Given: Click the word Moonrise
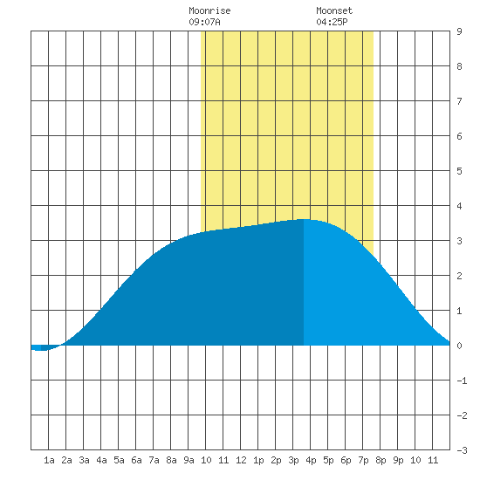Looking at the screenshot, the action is pyautogui.click(x=209, y=11).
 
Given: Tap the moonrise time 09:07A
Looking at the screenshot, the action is pyautogui.click(x=204, y=22).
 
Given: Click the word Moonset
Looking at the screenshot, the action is pyautogui.click(x=334, y=11).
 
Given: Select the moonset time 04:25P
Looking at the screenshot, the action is pyautogui.click(x=332, y=22).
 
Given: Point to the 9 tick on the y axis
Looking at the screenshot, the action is pyautogui.click(x=459, y=31).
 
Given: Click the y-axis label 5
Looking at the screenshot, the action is pyautogui.click(x=459, y=171).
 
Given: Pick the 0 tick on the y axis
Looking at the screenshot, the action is pyautogui.click(x=459, y=346).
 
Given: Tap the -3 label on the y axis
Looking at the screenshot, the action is pyautogui.click(x=462, y=450).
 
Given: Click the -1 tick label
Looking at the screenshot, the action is pyautogui.click(x=462, y=381).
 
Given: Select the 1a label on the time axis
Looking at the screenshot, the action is pyautogui.click(x=49, y=460).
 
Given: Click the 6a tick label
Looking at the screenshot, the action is pyautogui.click(x=136, y=460).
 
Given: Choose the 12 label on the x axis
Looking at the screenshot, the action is pyautogui.click(x=241, y=460).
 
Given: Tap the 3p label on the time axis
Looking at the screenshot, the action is pyautogui.click(x=293, y=460).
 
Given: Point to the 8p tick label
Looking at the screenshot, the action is pyautogui.click(x=381, y=460).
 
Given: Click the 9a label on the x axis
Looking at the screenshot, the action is pyautogui.click(x=189, y=460).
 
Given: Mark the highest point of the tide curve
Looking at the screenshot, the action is pyautogui.click(x=303, y=219).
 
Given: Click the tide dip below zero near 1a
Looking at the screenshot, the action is pyautogui.click(x=40, y=350).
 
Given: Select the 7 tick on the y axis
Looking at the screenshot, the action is pyautogui.click(x=459, y=101).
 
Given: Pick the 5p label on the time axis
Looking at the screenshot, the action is pyautogui.click(x=328, y=460).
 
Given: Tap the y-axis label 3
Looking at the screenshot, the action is pyautogui.click(x=459, y=241).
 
